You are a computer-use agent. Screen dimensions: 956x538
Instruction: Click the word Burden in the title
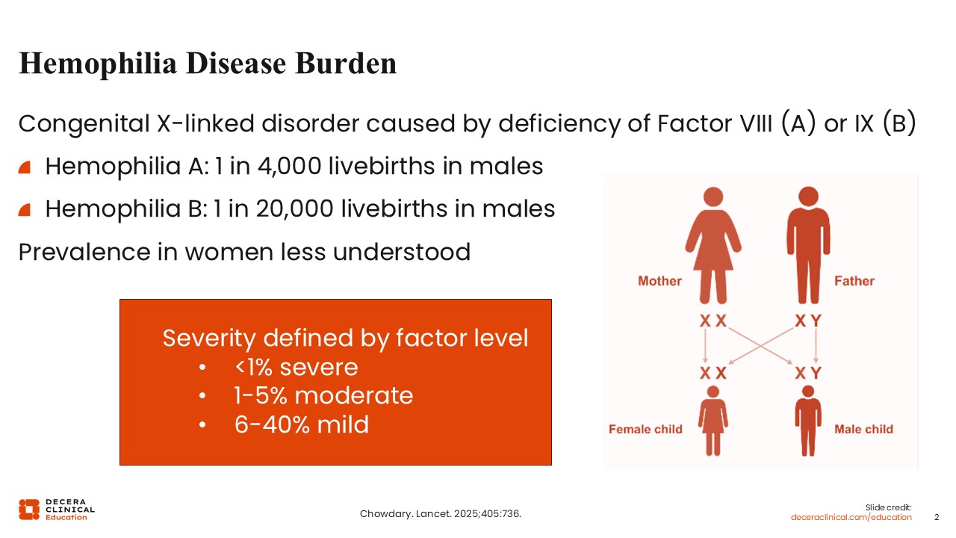coord(346,64)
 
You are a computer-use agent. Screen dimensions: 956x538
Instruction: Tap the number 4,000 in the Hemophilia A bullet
coord(289,166)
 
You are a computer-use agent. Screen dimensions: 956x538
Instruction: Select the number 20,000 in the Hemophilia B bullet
coord(294,208)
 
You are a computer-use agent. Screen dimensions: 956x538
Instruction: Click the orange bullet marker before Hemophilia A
coord(25,167)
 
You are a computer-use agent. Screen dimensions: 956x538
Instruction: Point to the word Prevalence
coord(84,252)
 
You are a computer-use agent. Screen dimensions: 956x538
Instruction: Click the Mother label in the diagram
coord(659,281)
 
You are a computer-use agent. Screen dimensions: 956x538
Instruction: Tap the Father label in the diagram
coord(854,281)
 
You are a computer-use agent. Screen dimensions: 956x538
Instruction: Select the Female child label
coord(645,429)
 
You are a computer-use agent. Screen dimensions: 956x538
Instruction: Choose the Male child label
coord(863,429)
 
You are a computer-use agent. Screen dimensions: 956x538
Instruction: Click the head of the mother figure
coord(713,197)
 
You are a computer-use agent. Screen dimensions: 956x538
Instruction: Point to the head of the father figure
coord(808,197)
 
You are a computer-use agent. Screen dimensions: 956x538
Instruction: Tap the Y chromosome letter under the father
coord(816,321)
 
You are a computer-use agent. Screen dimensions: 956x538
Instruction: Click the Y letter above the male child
coord(816,373)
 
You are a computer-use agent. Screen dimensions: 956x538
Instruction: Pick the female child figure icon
coord(713,421)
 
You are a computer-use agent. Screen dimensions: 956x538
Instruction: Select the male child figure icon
coord(808,421)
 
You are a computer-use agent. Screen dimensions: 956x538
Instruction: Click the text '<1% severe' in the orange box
coord(297,367)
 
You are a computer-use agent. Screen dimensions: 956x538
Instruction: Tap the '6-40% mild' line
coord(302,424)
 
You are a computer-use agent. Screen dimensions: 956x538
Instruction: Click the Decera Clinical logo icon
coord(29,510)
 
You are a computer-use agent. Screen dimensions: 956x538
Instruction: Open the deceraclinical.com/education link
coord(851,517)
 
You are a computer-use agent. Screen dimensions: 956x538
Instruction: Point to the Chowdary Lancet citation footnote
coord(441,513)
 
